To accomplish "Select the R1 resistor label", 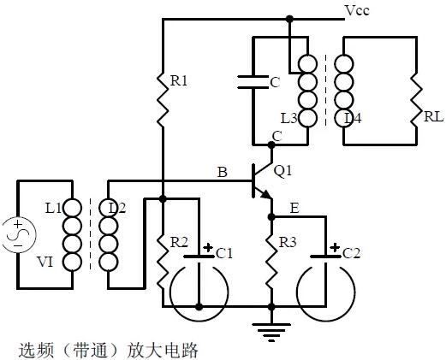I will [x=179, y=80].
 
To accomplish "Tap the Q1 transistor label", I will [x=282, y=170].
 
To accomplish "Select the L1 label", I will [x=53, y=208].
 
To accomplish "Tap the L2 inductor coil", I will [x=108, y=236].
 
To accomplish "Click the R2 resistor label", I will [x=178, y=243].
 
